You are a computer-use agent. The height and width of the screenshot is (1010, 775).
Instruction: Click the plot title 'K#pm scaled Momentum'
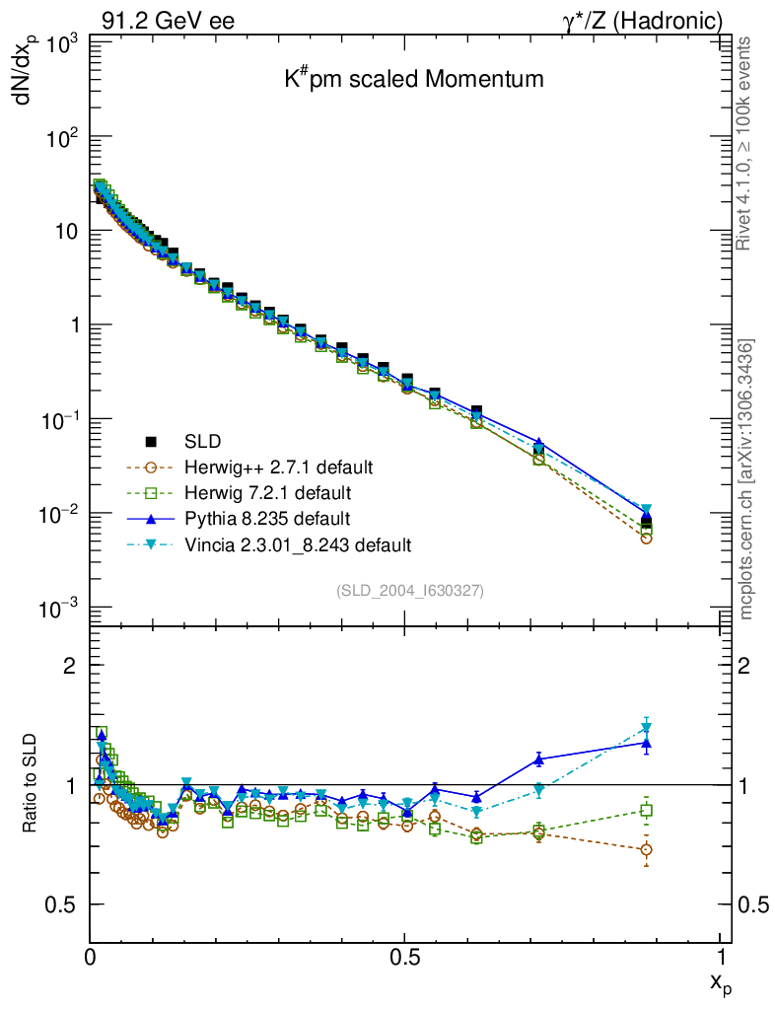(x=413, y=80)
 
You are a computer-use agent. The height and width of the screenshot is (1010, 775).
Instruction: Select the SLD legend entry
(x=203, y=441)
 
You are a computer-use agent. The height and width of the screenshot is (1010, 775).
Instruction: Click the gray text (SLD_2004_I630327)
(x=410, y=590)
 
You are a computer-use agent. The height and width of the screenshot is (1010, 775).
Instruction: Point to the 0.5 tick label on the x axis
(x=404, y=956)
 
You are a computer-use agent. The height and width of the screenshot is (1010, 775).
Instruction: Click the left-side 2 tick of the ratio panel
(x=70, y=665)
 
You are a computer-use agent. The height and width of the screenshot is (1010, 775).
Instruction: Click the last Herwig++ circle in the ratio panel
(x=646, y=849)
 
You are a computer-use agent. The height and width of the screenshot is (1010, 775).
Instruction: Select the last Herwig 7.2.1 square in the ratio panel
(x=646, y=811)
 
